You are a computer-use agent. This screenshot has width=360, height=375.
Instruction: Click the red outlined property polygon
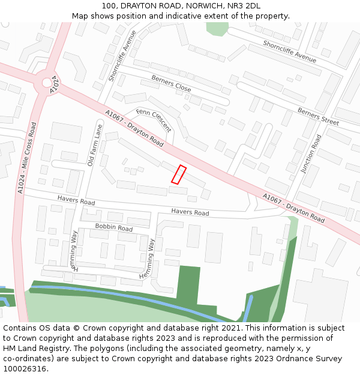click(x=179, y=174)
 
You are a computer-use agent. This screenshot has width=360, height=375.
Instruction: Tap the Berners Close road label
click(x=171, y=84)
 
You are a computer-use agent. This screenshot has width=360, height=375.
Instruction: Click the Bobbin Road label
click(x=114, y=228)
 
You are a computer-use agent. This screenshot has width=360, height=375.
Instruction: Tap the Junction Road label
click(x=311, y=154)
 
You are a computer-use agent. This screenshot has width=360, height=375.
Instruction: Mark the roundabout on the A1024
click(x=47, y=83)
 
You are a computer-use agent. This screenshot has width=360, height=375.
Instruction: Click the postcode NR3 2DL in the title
click(x=244, y=6)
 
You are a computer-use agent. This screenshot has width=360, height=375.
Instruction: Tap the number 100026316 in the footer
click(x=25, y=369)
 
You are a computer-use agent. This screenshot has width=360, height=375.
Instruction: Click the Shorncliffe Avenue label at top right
click(x=289, y=52)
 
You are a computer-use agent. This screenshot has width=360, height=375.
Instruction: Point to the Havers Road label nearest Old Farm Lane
click(x=76, y=200)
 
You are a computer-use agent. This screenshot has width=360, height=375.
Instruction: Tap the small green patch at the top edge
click(x=217, y=29)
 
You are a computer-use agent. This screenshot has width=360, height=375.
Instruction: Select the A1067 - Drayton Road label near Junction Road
click(x=293, y=208)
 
